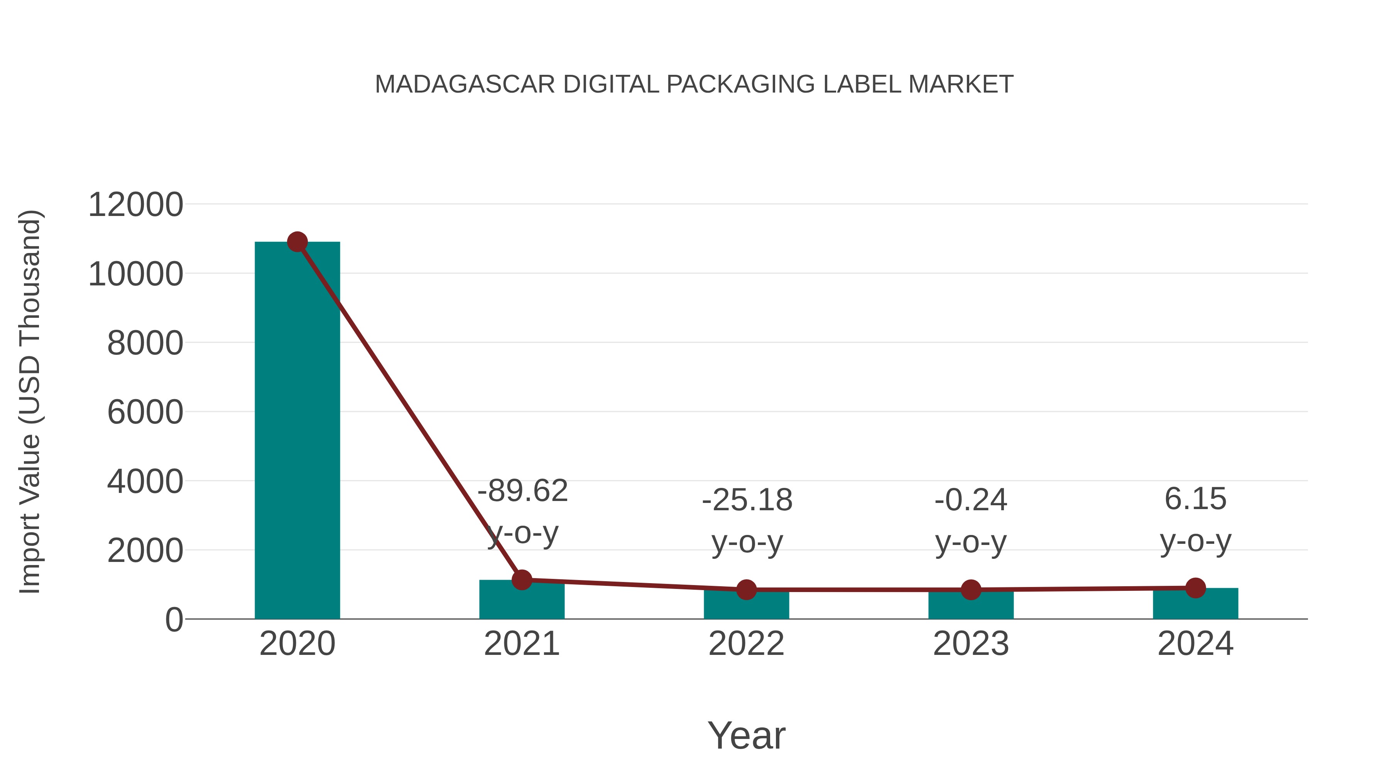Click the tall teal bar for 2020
[x=297, y=431]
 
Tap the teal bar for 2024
[x=1195, y=605]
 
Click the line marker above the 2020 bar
[x=297, y=242]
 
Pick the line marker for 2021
[x=521, y=580]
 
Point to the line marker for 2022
[x=746, y=590]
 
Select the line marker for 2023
[x=971, y=590]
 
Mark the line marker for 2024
[x=1195, y=587]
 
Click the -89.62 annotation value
[x=522, y=491]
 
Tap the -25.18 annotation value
[x=747, y=500]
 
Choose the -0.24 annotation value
[x=971, y=500]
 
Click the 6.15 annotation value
[x=1195, y=499]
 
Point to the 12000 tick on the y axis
[x=135, y=205]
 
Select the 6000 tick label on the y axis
[x=145, y=412]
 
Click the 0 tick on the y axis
[x=174, y=620]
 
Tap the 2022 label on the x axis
[x=746, y=644]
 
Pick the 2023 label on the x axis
[x=971, y=644]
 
